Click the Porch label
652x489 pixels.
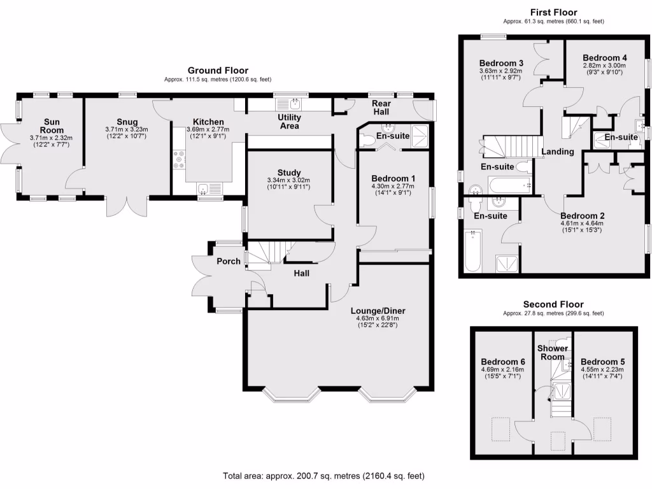point(228,261)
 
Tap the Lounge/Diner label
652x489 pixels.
point(378,311)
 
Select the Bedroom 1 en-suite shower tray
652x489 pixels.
point(420,136)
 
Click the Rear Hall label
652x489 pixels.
point(381,108)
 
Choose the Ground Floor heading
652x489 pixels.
point(218,70)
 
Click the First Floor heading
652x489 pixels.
point(553,12)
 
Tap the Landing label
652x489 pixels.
point(558,152)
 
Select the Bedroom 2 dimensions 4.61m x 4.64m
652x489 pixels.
point(581,223)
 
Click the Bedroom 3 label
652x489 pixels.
point(501,63)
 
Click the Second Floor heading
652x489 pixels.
point(553,304)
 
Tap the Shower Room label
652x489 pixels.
point(552,353)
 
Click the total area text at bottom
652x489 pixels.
point(323,476)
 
